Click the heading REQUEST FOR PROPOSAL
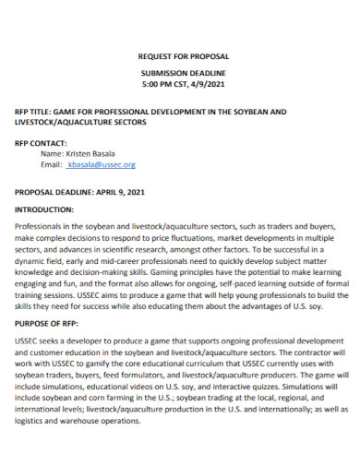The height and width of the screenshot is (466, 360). (179, 55)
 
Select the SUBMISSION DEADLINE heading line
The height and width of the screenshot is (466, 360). (179, 71)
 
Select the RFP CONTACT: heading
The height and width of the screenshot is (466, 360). (41, 143)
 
